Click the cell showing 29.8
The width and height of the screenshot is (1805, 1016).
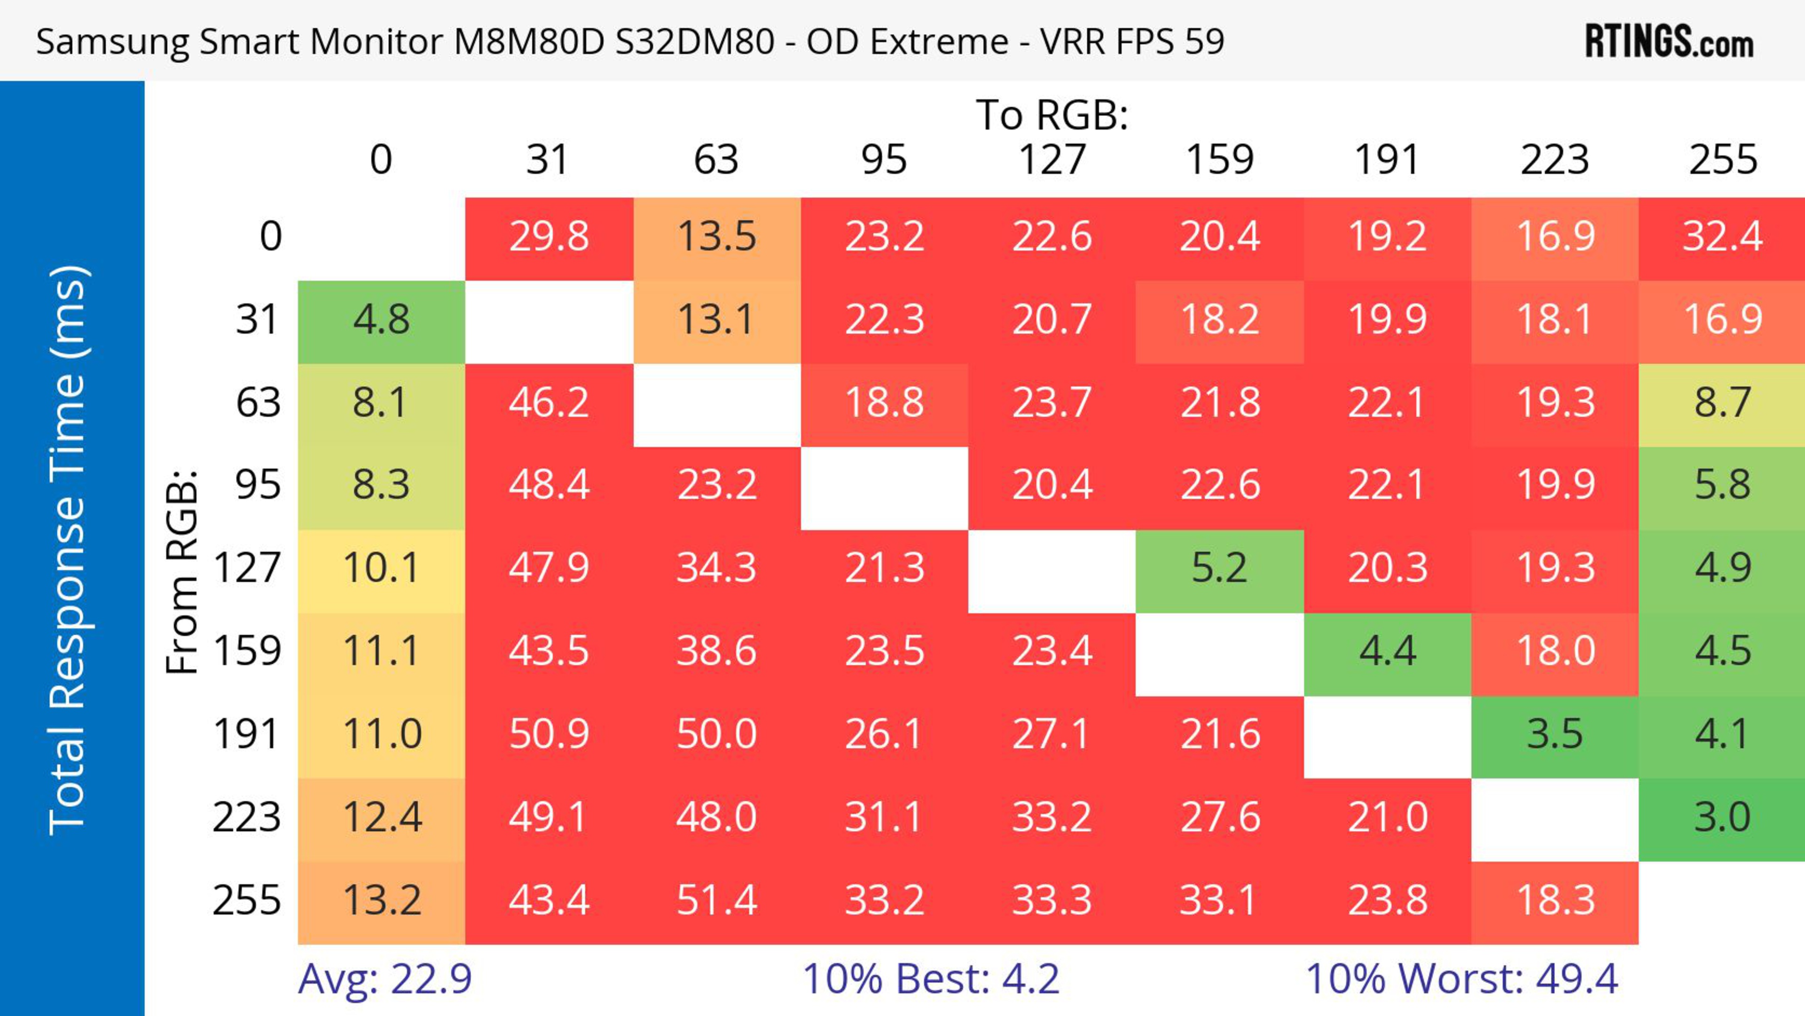point(549,237)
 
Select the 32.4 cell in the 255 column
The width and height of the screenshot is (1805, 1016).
point(1722,237)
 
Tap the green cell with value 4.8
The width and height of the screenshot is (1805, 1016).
point(381,320)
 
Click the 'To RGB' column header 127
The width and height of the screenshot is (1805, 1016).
point(1052,160)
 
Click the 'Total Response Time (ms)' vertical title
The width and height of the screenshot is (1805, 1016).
point(69,550)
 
